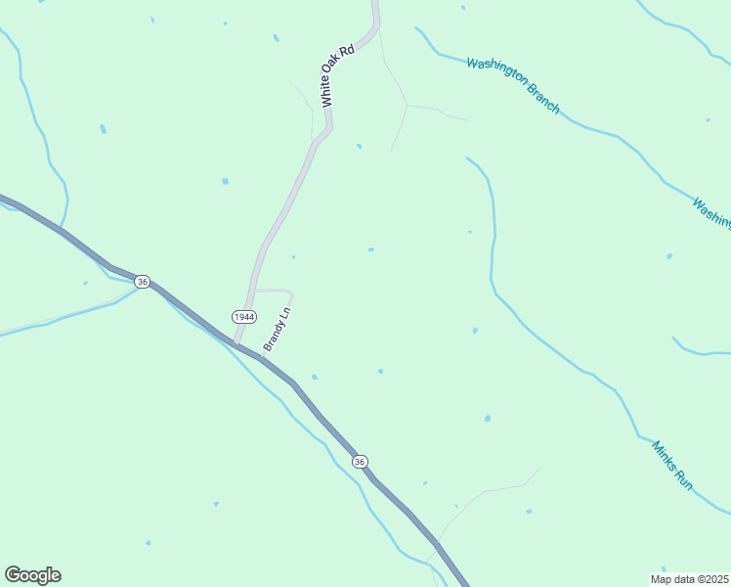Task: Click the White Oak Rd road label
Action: tap(336, 74)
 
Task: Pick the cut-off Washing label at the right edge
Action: tap(711, 214)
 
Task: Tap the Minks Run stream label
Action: tap(672, 465)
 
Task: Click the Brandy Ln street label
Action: tap(278, 331)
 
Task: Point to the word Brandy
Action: tap(274, 338)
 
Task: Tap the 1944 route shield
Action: tap(243, 317)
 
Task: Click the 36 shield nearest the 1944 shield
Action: tap(144, 282)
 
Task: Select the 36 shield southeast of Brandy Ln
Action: tap(361, 462)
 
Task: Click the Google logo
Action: tap(32, 575)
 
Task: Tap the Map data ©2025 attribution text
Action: tap(690, 579)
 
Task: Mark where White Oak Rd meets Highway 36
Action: tap(236, 343)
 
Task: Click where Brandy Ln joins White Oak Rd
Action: tap(253, 290)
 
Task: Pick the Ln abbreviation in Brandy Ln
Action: tap(285, 314)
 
